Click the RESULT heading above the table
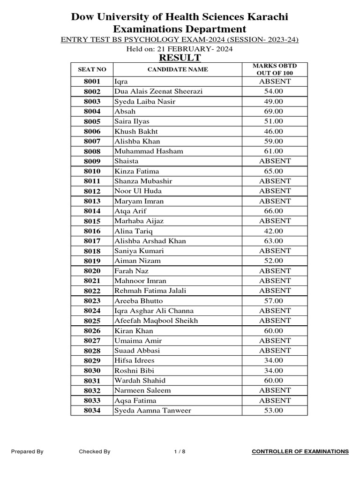click(180, 58)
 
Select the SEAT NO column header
click(92, 70)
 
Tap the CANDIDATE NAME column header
click(178, 70)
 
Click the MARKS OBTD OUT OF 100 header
click(275, 70)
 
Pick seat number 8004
click(92, 112)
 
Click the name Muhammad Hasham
click(149, 151)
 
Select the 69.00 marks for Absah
click(274, 112)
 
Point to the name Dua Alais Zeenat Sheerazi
click(158, 91)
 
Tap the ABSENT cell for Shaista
click(275, 161)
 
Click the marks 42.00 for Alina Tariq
click(274, 231)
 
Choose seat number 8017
click(92, 241)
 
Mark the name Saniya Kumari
click(139, 251)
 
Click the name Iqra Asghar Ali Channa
click(154, 311)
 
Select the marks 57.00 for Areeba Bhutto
click(274, 301)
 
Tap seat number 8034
click(92, 411)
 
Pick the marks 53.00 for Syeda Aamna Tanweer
click(274, 411)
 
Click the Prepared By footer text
click(27, 452)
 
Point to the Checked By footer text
click(95, 452)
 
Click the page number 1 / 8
click(180, 452)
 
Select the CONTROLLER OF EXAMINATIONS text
click(300, 452)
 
